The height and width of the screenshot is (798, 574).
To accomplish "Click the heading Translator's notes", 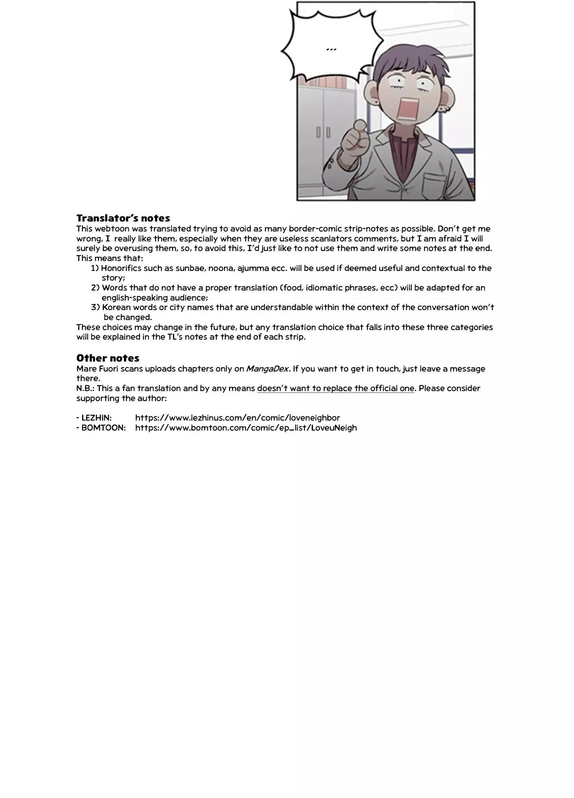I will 123,218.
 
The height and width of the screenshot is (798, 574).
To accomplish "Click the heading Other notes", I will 108,358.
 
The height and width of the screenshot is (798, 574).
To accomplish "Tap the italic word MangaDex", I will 267,369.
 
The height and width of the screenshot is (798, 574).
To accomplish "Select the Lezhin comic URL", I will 238,418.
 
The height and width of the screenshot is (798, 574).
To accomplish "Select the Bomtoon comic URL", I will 246,428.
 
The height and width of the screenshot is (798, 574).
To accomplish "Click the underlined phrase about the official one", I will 336,388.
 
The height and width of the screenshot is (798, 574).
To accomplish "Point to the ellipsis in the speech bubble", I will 331,49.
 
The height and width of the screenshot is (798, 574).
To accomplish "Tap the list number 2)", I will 95,288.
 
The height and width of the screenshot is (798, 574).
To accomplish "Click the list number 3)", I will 95,307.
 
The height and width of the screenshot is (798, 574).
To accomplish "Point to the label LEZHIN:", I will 94,418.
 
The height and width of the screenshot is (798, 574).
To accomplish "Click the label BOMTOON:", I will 101,428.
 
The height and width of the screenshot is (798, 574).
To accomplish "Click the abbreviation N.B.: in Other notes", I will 85,388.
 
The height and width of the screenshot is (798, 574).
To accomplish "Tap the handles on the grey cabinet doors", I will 323,132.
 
